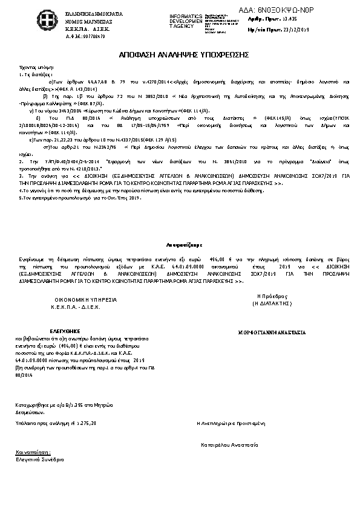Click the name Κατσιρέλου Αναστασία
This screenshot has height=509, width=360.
pos(231,444)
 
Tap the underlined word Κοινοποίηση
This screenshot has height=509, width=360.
pos(34,452)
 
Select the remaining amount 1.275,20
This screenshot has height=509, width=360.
pos(85,423)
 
